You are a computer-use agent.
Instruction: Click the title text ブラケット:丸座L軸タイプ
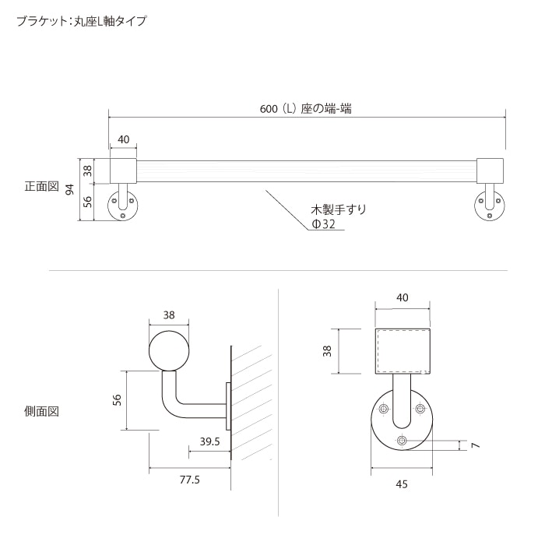pos(81,22)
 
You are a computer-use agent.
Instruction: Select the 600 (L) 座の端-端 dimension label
pos(305,109)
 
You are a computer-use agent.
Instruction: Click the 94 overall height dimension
pos(69,190)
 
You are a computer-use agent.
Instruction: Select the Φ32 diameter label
pos(323,224)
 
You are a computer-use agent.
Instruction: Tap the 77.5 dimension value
pos(190,480)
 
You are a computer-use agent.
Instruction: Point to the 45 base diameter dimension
pos(402,484)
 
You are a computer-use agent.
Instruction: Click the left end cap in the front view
pos(123,170)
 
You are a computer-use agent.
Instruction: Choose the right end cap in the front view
pos(491,170)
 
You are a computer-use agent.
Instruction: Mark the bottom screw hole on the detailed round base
pos(402,441)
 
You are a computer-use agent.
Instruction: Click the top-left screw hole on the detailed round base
pos(383,410)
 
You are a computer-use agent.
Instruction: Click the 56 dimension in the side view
pos(118,399)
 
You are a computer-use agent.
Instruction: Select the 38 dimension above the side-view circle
pos(169,315)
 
